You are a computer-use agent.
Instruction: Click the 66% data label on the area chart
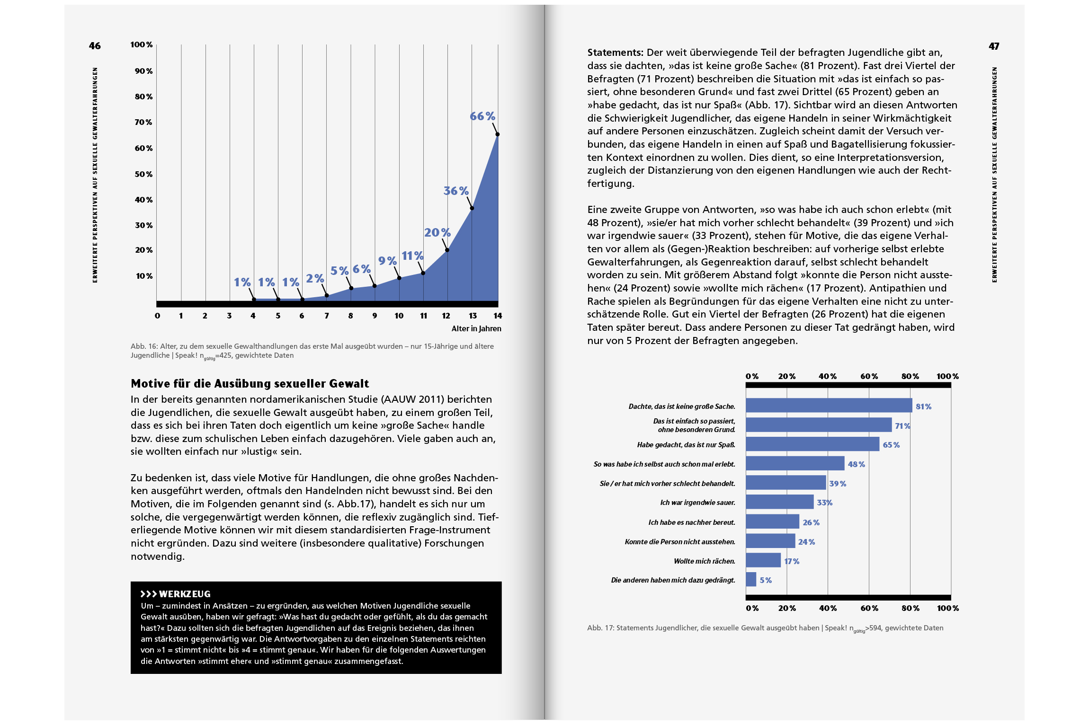click(482, 116)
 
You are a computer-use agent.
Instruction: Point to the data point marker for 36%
click(472, 208)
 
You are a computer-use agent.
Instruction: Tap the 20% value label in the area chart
click(437, 232)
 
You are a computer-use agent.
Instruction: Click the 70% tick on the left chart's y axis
click(143, 122)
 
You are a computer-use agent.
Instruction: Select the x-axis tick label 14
click(497, 316)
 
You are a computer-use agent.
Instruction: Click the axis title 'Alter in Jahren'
click(476, 328)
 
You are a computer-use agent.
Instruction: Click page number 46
click(95, 46)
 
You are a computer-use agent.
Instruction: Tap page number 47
click(994, 46)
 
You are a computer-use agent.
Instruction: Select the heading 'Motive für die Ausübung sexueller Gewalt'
click(250, 383)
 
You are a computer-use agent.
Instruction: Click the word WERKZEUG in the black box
click(185, 594)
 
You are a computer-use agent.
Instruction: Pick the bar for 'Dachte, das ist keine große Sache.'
click(829, 406)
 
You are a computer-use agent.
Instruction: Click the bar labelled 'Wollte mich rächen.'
click(763, 560)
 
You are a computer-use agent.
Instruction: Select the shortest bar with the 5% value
click(751, 579)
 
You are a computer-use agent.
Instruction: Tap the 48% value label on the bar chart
click(856, 464)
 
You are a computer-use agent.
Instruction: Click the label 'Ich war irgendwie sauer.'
click(697, 503)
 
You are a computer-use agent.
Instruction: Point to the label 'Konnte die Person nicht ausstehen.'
click(680, 541)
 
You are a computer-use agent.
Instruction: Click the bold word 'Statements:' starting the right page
click(615, 53)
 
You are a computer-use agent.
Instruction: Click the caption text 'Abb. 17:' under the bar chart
click(600, 628)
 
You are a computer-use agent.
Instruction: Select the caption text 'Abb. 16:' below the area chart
click(144, 346)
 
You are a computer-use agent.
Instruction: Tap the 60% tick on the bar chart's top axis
click(869, 376)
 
